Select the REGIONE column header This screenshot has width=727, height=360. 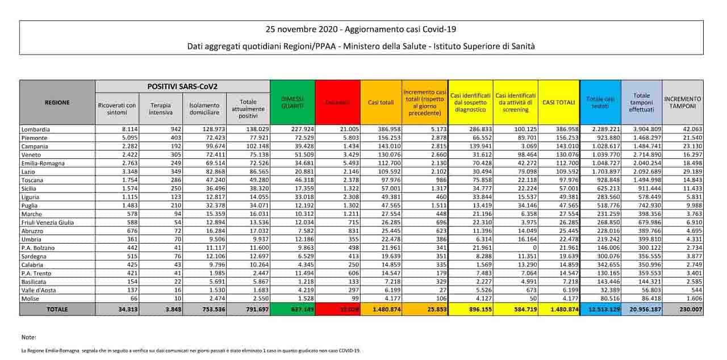[57, 103]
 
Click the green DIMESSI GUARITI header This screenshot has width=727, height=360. [293, 103]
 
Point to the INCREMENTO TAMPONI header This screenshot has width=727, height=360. [682, 103]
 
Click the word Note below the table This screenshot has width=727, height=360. [28, 337]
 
